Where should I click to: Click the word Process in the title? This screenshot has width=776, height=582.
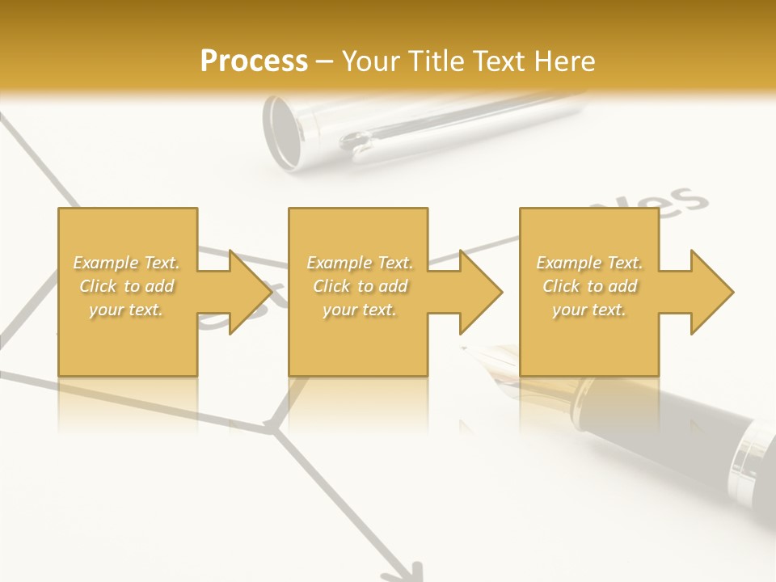[254, 61]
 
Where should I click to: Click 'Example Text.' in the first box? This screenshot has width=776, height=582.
[127, 263]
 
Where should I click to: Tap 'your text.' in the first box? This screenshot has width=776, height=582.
[127, 310]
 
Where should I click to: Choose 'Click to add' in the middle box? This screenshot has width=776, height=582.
[360, 286]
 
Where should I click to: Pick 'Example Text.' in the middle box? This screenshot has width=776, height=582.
[360, 263]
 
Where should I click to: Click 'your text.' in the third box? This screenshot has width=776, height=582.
[589, 310]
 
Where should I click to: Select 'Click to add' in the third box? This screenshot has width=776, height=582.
[589, 286]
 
